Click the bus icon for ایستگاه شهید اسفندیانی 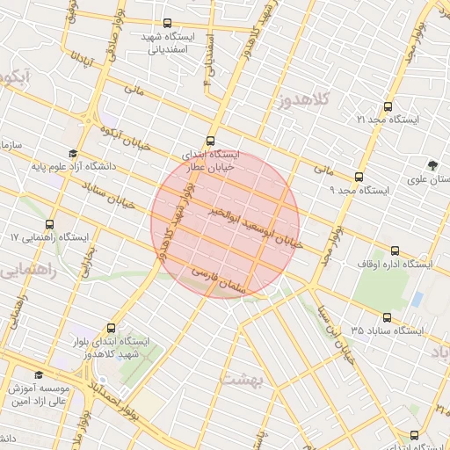click(168, 24)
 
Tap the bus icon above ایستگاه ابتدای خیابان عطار click(210, 141)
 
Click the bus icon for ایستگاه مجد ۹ click(358, 177)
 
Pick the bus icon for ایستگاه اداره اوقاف click(395, 250)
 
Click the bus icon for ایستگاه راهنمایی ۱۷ click(49, 224)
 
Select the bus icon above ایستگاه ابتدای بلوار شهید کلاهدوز click(111, 327)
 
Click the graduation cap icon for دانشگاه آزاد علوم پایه click(71, 153)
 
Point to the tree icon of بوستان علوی click(432, 165)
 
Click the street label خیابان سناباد click(109, 195)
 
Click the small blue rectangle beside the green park click(416, 297)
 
